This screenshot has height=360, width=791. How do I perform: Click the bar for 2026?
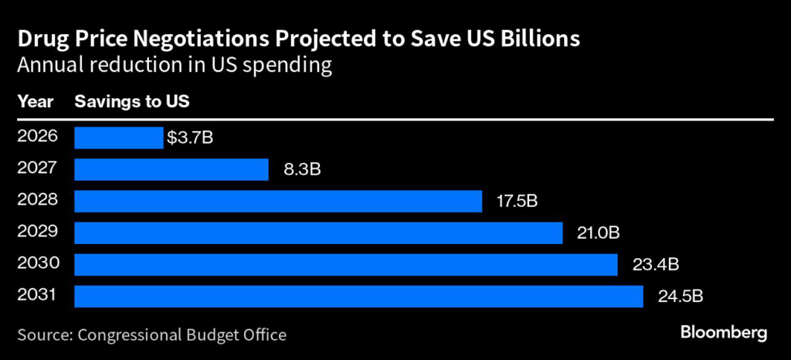(118, 138)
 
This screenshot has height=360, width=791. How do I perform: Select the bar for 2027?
(171, 170)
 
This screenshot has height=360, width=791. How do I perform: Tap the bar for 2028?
(278, 202)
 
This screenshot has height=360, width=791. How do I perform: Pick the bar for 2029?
(318, 233)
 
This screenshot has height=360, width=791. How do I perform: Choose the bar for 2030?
(345, 264)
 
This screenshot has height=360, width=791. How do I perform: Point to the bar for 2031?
(358, 296)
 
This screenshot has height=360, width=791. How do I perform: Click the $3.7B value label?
(189, 139)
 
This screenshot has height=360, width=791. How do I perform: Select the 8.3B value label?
(297, 171)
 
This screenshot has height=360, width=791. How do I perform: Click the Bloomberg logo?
(723, 334)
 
